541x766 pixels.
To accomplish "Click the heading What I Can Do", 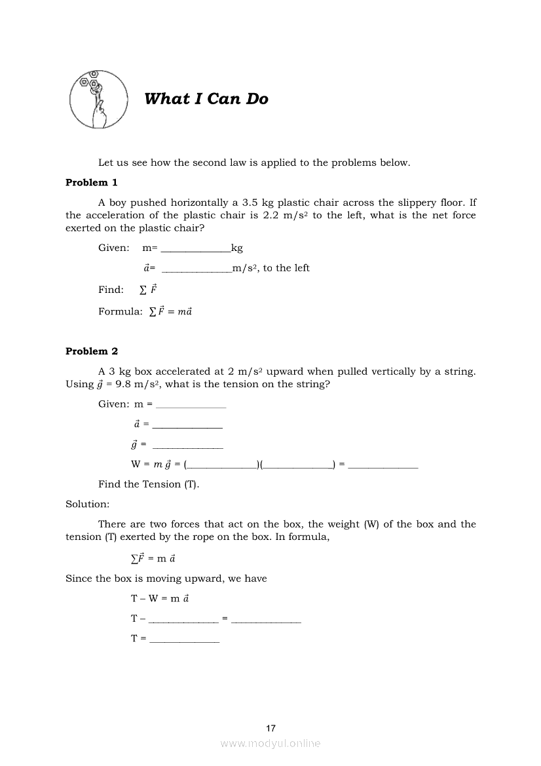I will click(x=206, y=100).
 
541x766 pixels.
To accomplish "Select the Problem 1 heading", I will click(x=92, y=183).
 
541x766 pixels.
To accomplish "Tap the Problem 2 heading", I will click(x=92, y=352).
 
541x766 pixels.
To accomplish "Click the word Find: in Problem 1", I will click(x=111, y=290).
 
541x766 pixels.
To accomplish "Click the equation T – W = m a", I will click(x=160, y=599).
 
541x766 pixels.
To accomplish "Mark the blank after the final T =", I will click(x=184, y=640).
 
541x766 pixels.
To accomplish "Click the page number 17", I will click(x=271, y=728).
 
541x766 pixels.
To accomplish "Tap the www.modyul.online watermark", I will click(x=270, y=744).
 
